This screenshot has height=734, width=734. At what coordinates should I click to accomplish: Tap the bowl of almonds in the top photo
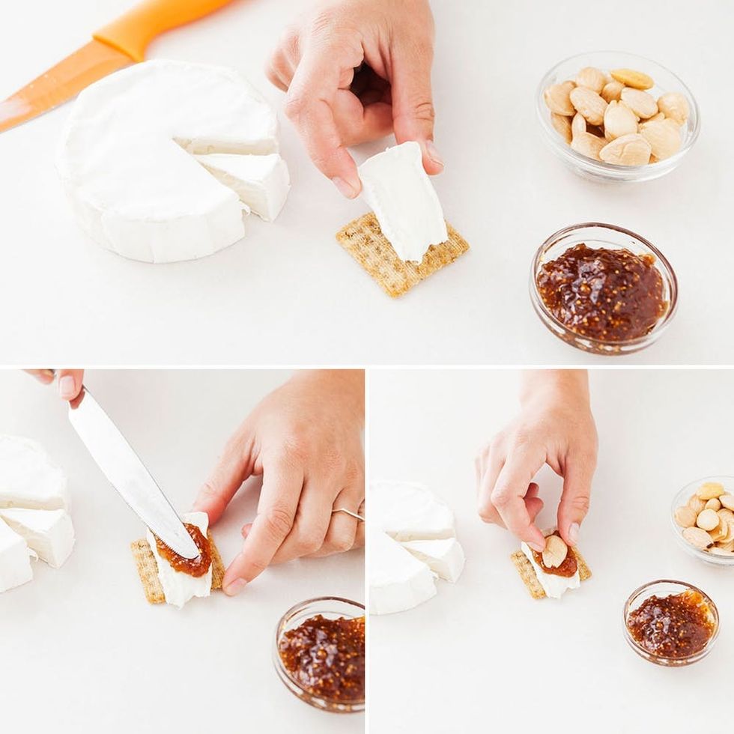point(617,117)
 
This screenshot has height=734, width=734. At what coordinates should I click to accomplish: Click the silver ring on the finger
point(348,514)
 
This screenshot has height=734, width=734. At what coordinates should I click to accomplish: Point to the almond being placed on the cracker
point(554,551)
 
